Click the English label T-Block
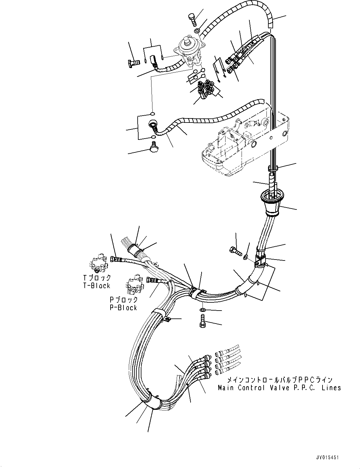click(x=96, y=286)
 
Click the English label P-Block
click(x=123, y=308)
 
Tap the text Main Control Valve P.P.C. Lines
click(x=279, y=388)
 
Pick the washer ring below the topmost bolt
click(x=196, y=31)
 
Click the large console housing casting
click(x=243, y=142)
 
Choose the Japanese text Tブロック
click(x=97, y=277)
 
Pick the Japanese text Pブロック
click(x=123, y=300)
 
